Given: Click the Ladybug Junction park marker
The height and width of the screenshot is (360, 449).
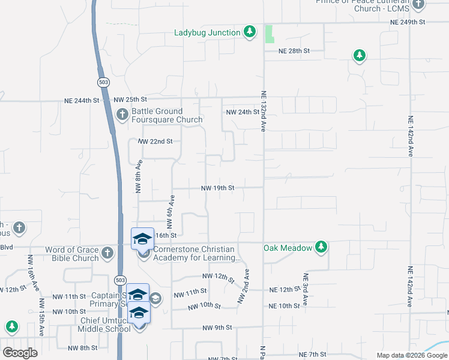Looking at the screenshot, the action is [x=250, y=32].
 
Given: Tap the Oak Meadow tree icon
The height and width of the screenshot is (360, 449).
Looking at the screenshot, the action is [x=321, y=247].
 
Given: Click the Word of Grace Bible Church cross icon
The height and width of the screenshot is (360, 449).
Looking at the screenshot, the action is [x=107, y=253].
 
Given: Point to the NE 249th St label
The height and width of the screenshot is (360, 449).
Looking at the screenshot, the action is [x=408, y=22].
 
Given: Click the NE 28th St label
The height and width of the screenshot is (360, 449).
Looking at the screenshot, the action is [x=294, y=52].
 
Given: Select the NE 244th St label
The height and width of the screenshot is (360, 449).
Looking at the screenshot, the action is [x=81, y=100].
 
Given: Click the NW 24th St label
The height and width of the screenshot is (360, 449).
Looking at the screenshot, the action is [x=242, y=112].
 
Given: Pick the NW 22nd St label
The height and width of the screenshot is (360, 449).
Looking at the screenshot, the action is [x=155, y=142].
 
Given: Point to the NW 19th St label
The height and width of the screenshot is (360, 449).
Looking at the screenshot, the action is [x=217, y=188].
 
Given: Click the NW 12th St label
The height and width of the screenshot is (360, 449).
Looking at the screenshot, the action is [x=217, y=276].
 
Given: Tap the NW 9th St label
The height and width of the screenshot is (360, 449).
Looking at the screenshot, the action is [x=217, y=328].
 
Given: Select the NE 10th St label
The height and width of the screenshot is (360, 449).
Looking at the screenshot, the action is [x=284, y=306].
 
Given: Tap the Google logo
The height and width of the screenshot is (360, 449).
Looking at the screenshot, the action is [x=20, y=353].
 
